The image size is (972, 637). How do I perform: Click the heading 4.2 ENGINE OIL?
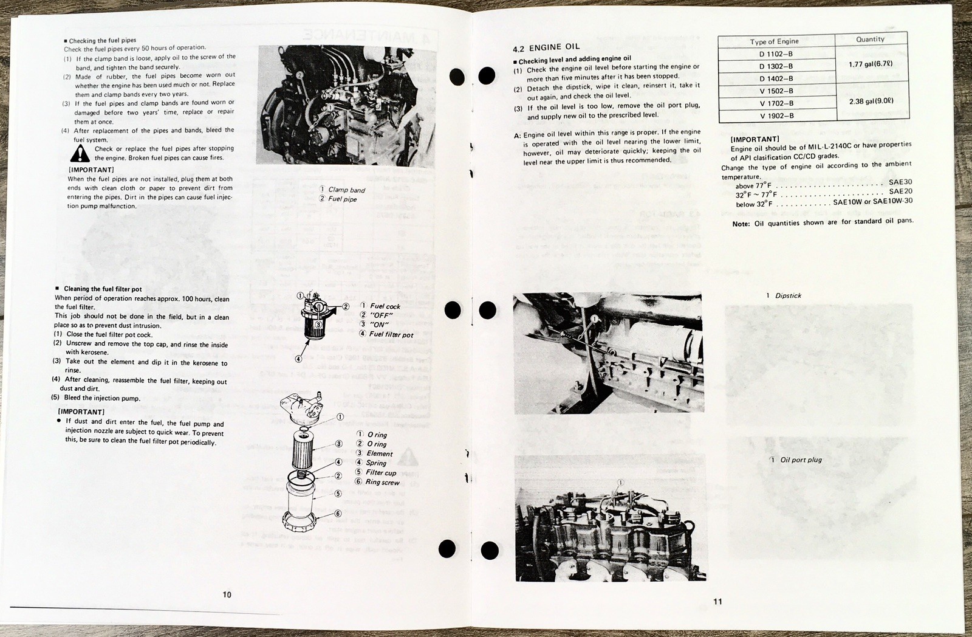pos(546,47)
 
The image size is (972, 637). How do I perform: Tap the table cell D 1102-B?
pos(776,53)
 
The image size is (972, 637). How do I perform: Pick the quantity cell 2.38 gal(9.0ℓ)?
pos(871,102)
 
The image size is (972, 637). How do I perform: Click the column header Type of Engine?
pos(774,41)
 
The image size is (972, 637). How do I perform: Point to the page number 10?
pos(227,594)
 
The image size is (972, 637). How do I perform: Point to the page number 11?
pos(717,602)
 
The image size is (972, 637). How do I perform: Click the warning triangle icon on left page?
pos(79,153)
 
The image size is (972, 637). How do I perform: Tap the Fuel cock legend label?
pos(385,306)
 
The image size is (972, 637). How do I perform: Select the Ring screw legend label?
pos(382,482)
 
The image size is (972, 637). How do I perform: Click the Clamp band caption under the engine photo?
pos(346,190)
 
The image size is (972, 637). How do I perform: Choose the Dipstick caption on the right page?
pos(788,295)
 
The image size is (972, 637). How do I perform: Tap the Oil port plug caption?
pos(801,460)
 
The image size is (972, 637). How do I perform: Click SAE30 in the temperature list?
pos(900,182)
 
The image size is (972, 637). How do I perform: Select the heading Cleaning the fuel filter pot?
pos(103,289)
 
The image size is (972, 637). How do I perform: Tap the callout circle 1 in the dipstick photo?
pos(594,317)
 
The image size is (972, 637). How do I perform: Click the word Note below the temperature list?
pos(741,223)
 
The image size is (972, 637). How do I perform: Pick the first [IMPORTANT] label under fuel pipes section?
pos(91,170)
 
